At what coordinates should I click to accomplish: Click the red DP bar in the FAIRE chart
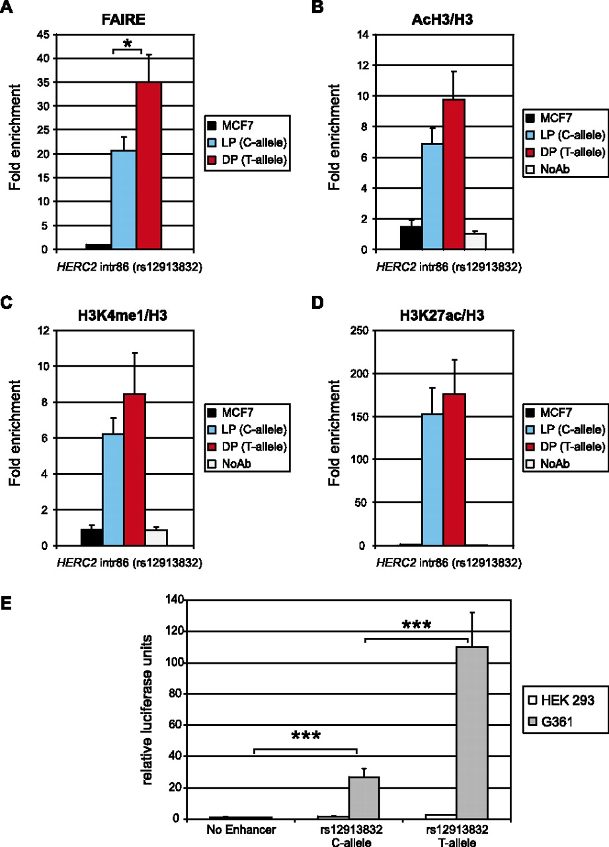pyautogui.click(x=149, y=165)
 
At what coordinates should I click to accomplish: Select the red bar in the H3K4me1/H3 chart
pyautogui.click(x=134, y=470)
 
